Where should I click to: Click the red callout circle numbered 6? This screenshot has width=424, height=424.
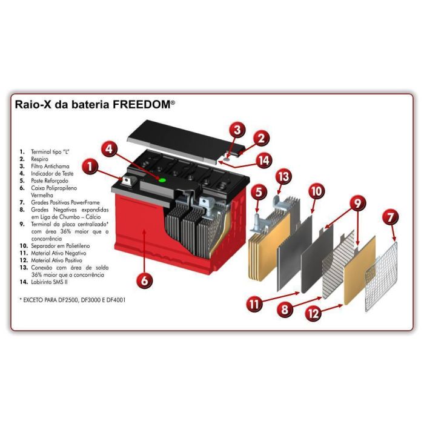tap(144, 280)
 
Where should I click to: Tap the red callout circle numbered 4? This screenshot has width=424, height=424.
tap(109, 148)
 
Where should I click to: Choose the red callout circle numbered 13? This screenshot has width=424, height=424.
tap(285, 177)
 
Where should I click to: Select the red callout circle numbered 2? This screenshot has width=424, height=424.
tap(261, 138)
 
